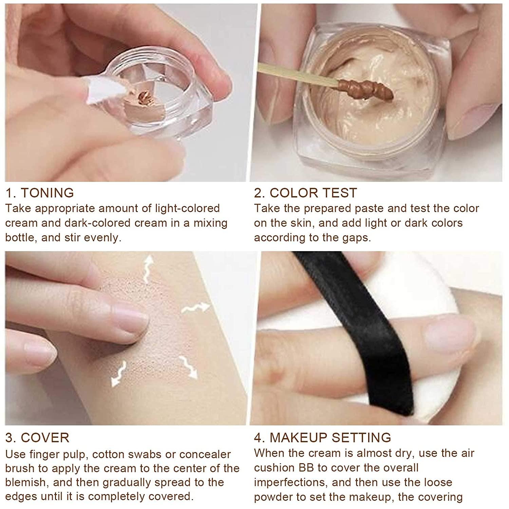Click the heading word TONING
[47, 193]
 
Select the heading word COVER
[45, 438]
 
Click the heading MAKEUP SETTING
[330, 438]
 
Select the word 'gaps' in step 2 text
[355, 238]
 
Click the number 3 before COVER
[10, 438]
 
